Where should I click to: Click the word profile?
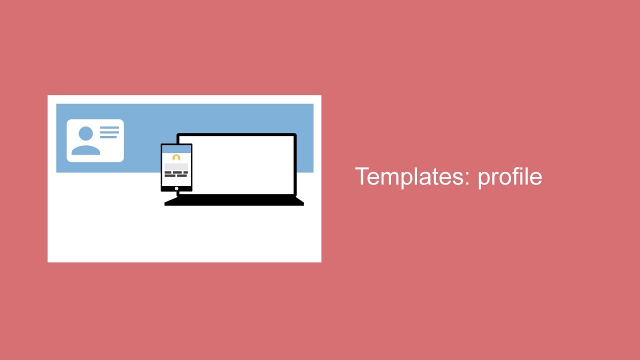[509, 177]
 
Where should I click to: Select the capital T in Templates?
[361, 176]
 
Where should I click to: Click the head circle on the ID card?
[85, 133]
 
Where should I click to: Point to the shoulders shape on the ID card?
[85, 150]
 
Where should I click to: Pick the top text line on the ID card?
[109, 128]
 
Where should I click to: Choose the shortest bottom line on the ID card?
[108, 137]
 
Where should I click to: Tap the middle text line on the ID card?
[109, 132]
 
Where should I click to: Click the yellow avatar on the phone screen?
[176, 158]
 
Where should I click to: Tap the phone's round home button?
[176, 188]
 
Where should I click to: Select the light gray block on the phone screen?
[176, 166]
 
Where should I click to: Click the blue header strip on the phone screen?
[176, 149]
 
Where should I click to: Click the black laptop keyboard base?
[234, 201]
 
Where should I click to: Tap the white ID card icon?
[95, 140]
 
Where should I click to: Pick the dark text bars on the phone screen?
[176, 174]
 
